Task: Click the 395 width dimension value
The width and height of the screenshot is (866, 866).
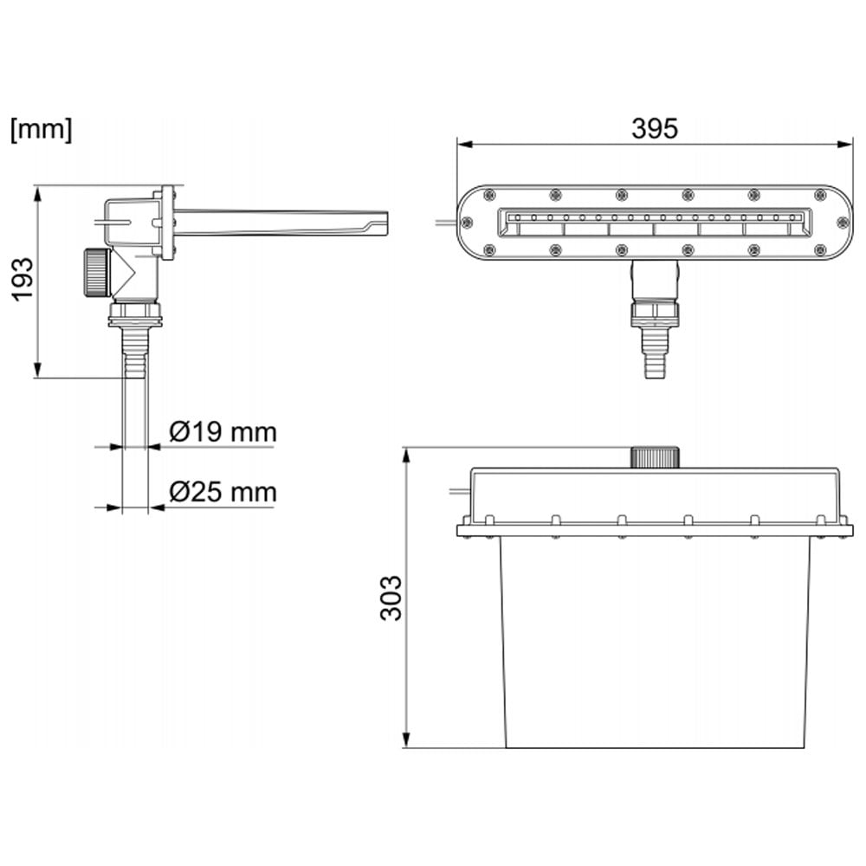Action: coord(654,128)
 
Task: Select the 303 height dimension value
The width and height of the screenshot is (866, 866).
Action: coord(391,597)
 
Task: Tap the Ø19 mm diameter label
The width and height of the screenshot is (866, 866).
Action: coord(223,431)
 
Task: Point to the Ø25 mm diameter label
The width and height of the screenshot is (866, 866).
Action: coord(223,492)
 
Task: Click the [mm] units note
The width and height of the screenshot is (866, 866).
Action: coord(41,130)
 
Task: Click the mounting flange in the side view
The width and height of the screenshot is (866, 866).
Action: coord(167,223)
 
